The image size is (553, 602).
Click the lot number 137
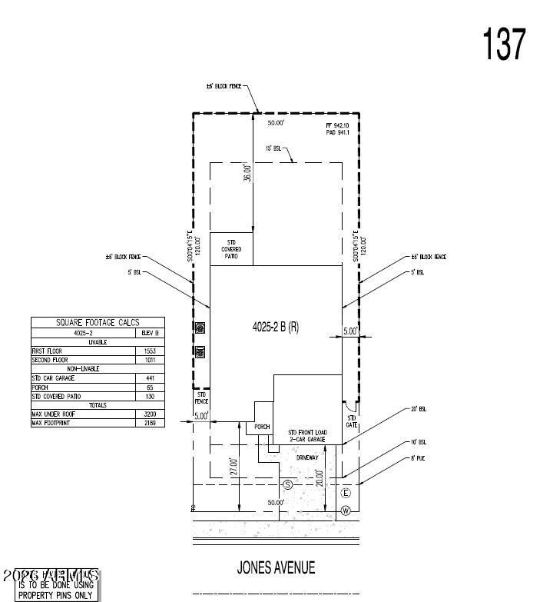coord(505,44)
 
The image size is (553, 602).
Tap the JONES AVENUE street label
coord(276,567)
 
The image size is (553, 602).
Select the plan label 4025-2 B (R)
coord(276,327)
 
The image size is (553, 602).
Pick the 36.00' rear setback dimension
coord(247,174)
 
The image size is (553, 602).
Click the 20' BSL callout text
coord(418,409)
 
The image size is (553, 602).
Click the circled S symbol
coord(288,484)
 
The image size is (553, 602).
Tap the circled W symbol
coord(346,511)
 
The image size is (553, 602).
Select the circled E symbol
coord(346,493)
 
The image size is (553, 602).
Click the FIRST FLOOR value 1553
coord(151,351)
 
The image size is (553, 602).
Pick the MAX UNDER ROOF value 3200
coord(151,414)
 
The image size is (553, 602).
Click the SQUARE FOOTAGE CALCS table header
coord(98,323)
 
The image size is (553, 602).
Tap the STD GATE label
coord(352,421)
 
